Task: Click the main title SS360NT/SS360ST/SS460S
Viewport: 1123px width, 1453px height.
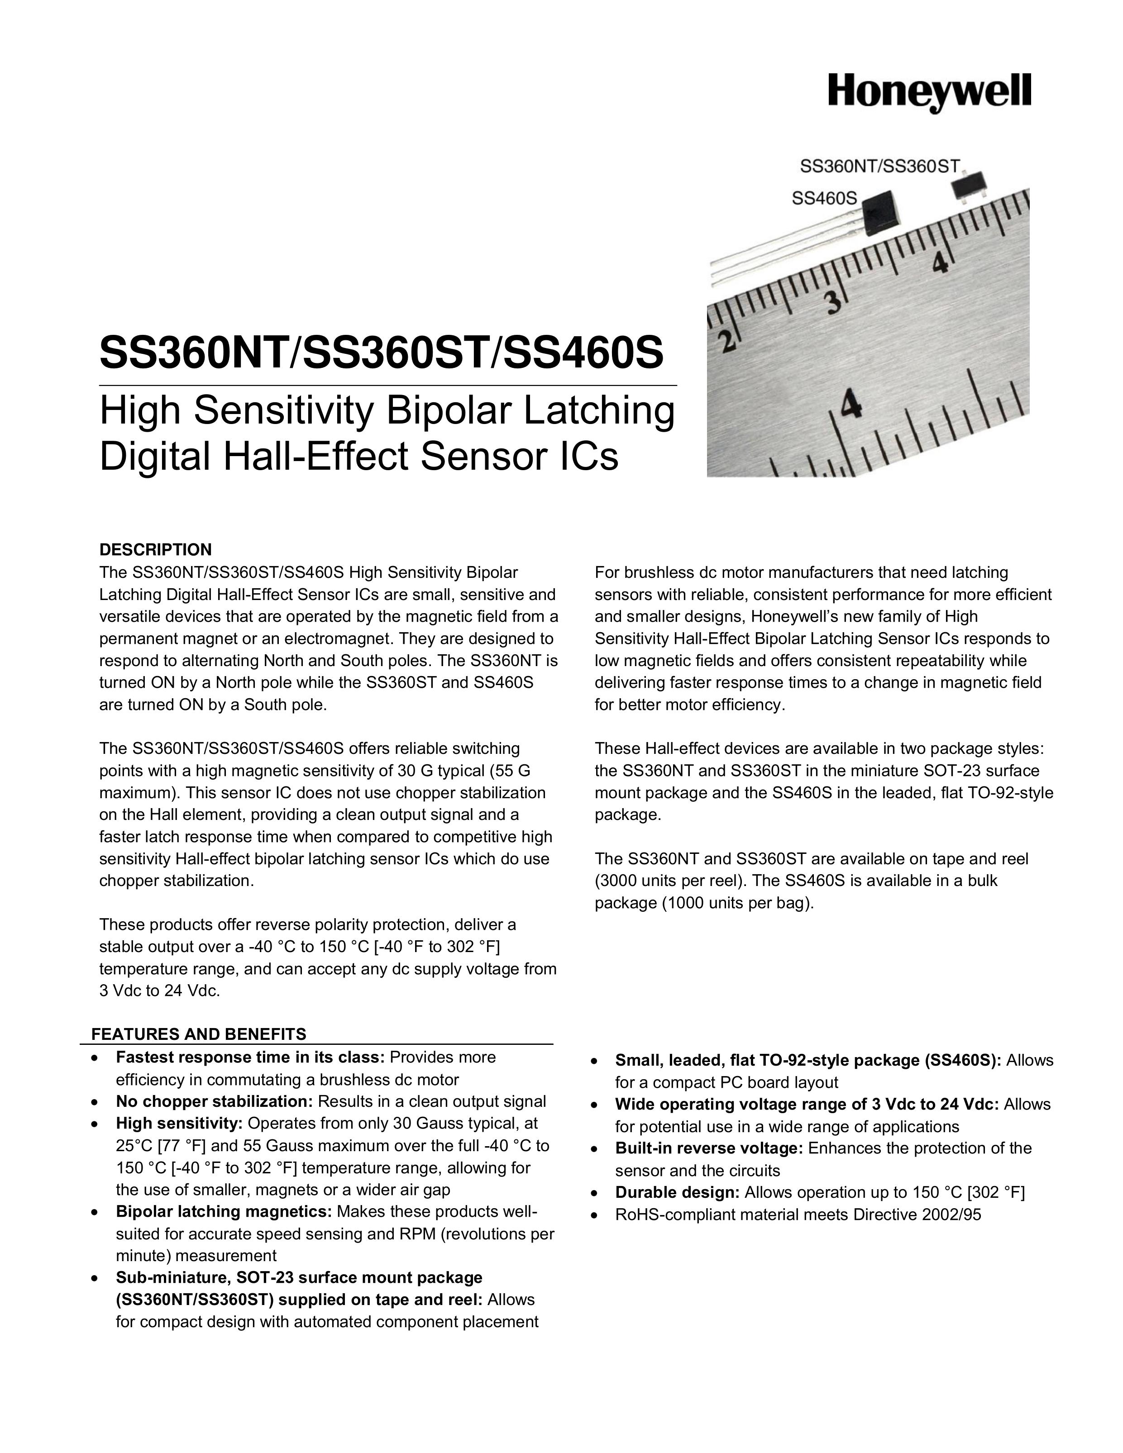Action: click(382, 352)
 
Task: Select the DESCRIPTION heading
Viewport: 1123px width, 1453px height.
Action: click(155, 549)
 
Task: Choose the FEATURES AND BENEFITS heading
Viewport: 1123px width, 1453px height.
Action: click(198, 1034)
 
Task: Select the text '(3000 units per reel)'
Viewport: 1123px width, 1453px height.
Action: click(669, 881)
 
